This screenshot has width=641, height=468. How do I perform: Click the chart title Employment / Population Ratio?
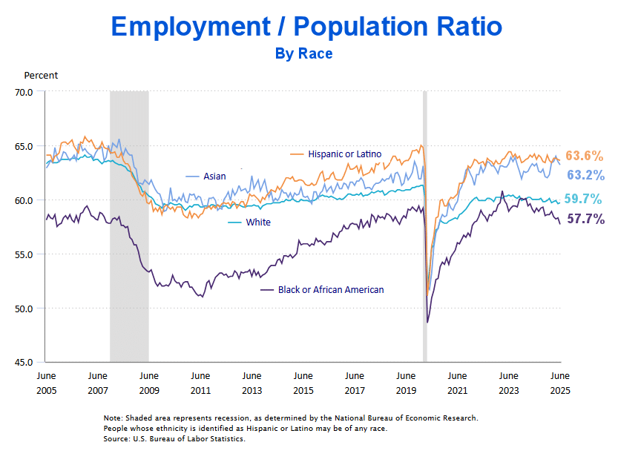pyautogui.click(x=306, y=27)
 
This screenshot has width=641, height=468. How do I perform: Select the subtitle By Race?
pyautogui.click(x=303, y=53)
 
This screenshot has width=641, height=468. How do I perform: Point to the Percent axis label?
pyautogui.click(x=41, y=75)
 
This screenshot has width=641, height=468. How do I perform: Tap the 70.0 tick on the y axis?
pyautogui.click(x=24, y=92)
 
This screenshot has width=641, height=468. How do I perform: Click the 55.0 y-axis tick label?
pyautogui.click(x=24, y=254)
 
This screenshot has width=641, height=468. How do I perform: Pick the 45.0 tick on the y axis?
pyautogui.click(x=24, y=363)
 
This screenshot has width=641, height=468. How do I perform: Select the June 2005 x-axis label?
pyautogui.click(x=46, y=383)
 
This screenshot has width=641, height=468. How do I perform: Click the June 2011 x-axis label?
pyautogui.click(x=200, y=383)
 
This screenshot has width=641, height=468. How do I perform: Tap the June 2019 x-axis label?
pyautogui.click(x=406, y=383)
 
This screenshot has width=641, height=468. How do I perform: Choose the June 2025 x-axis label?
pyautogui.click(x=559, y=383)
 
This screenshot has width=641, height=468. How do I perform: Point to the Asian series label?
pyautogui.click(x=214, y=177)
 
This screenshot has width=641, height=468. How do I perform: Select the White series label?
pyautogui.click(x=258, y=223)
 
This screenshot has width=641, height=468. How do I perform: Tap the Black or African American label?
pyautogui.click(x=330, y=289)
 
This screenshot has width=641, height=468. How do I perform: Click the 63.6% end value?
pyautogui.click(x=585, y=156)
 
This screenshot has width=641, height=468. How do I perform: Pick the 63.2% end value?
pyautogui.click(x=585, y=176)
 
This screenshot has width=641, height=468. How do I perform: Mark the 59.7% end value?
pyautogui.click(x=583, y=199)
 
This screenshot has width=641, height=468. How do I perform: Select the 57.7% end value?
pyautogui.click(x=585, y=219)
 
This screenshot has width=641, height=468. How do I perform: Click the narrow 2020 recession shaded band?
pyautogui.click(x=425, y=223)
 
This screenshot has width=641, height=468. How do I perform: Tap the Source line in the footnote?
pyautogui.click(x=174, y=439)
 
